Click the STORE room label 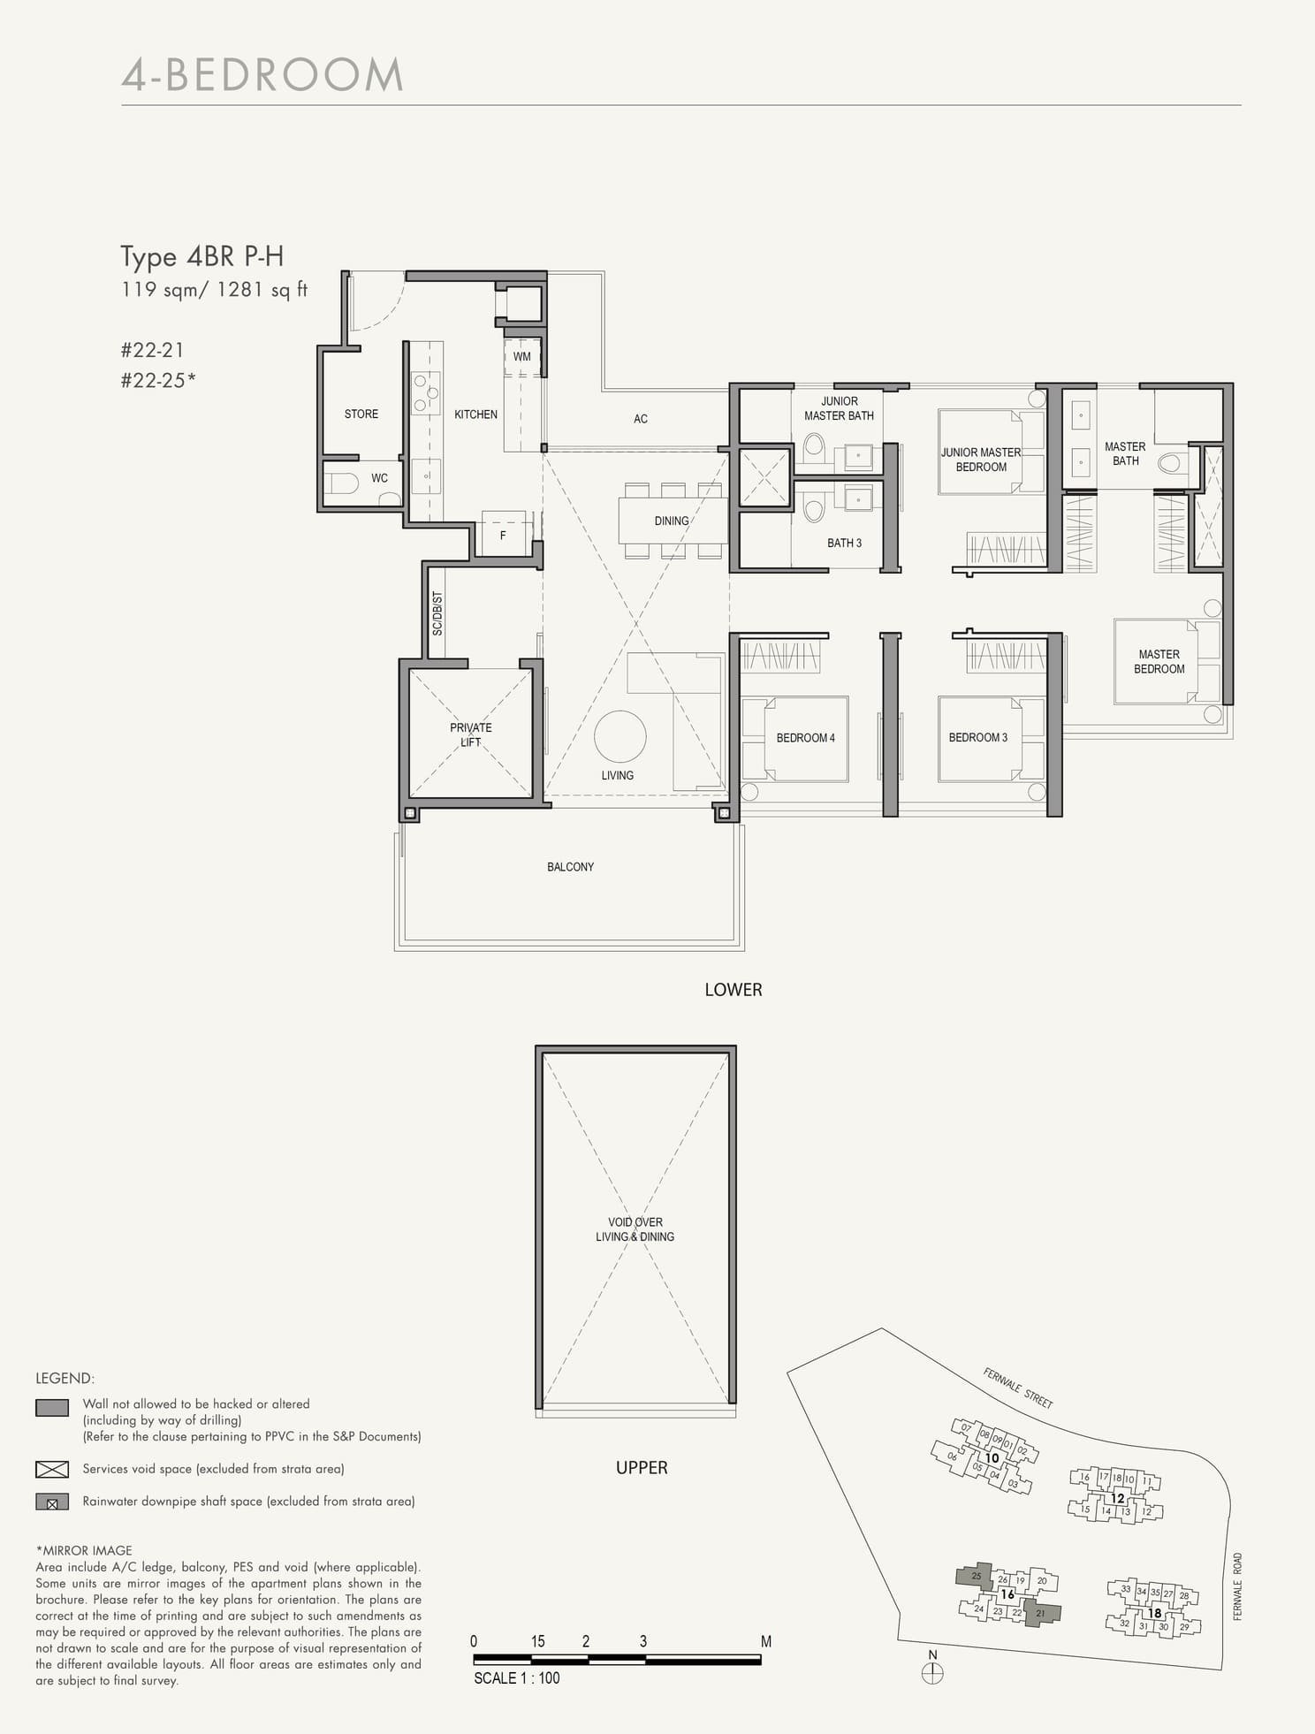[x=361, y=414]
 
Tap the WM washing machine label [x=521, y=357]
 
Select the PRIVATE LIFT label [x=470, y=734]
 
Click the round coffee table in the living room [x=619, y=736]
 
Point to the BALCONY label [x=570, y=867]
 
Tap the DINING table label [x=671, y=521]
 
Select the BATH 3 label [x=844, y=543]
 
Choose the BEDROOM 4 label [x=805, y=737]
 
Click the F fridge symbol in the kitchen [x=503, y=536]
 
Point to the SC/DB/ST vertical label [x=437, y=613]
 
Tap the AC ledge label [x=641, y=419]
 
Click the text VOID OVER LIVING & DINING [x=635, y=1229]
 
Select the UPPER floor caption [x=642, y=1468]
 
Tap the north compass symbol [x=932, y=1672]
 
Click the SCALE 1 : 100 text [x=516, y=1678]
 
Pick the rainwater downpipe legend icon [x=52, y=1502]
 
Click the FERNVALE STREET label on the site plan [x=1018, y=1388]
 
